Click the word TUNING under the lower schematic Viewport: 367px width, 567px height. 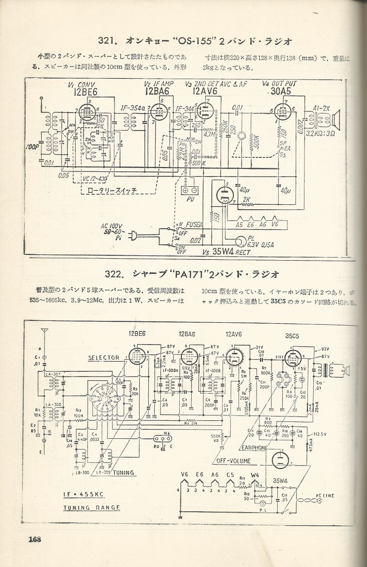point(125,471)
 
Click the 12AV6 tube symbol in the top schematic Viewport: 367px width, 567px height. point(204,113)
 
